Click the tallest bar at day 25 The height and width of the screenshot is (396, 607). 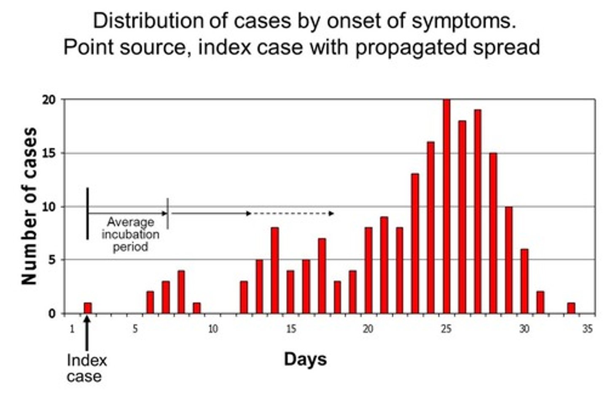click(x=446, y=207)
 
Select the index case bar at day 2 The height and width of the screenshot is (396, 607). click(x=88, y=308)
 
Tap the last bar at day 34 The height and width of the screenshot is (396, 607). click(x=571, y=308)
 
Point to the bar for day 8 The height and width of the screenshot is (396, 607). click(x=181, y=292)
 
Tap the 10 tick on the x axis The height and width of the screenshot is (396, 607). click(x=213, y=329)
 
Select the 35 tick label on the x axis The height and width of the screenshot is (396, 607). click(x=587, y=329)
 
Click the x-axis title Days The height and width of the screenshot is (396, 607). click(x=305, y=359)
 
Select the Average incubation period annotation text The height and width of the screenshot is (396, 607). click(x=130, y=234)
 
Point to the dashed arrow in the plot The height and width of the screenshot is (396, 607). click(x=293, y=214)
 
